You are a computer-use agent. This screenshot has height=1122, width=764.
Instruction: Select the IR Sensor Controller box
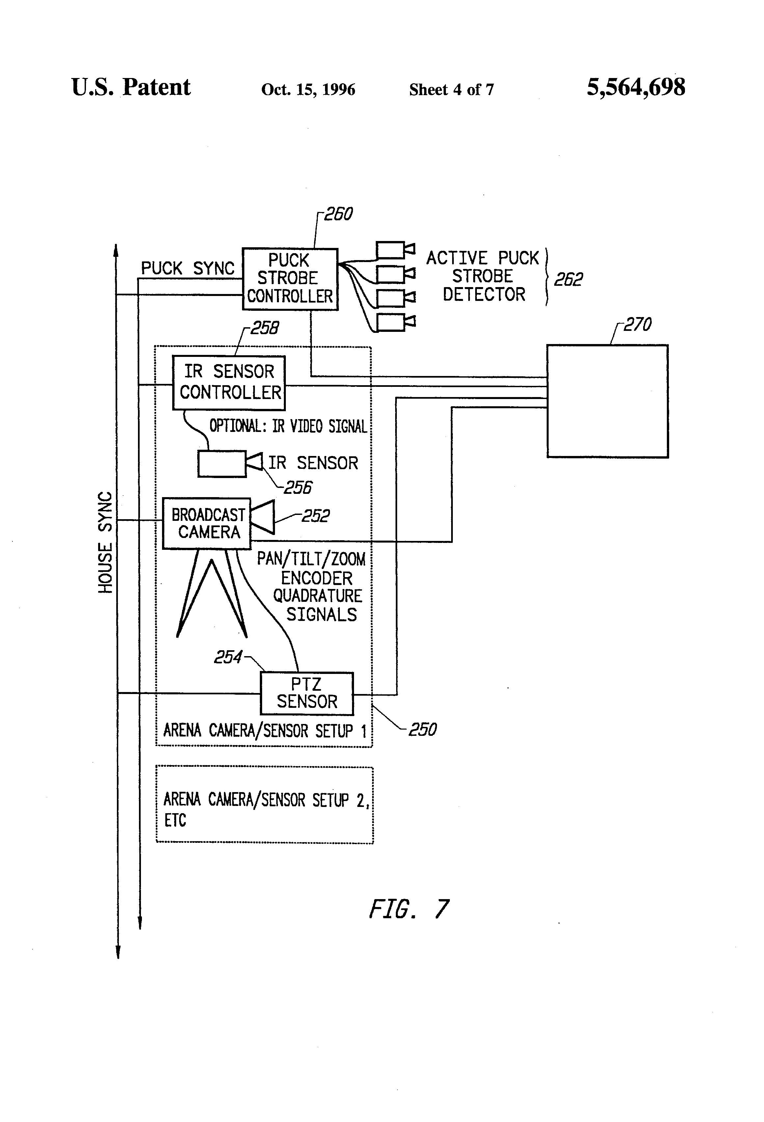229,382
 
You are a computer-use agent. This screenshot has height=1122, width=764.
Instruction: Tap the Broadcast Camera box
207,523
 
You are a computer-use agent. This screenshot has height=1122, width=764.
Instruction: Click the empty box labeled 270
607,400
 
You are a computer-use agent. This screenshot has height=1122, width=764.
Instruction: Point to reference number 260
338,214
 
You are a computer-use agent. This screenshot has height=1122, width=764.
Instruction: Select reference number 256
297,488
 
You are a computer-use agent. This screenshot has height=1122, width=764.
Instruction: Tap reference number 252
315,516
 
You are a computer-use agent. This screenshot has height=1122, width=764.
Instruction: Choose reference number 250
423,729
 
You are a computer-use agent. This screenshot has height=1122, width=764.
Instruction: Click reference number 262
568,279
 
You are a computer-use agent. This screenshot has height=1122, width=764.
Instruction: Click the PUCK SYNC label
187,268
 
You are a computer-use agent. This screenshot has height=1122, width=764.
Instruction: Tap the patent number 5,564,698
636,87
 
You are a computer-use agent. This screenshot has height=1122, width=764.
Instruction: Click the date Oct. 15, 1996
308,89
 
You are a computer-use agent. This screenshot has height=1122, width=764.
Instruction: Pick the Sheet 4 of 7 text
451,89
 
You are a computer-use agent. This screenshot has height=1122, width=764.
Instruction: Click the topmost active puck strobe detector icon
395,250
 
